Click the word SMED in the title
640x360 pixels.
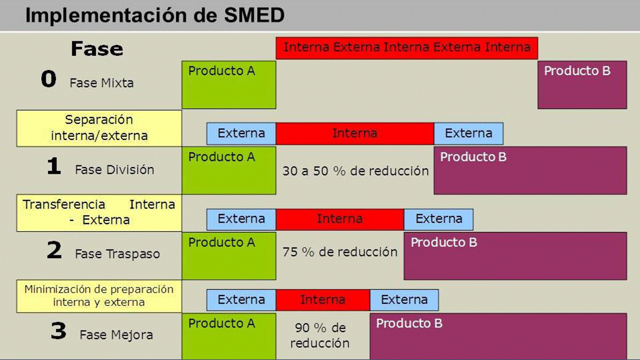point(254,15)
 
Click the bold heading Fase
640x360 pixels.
point(97,48)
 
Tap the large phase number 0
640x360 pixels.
point(48,78)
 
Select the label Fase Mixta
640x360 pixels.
point(101,83)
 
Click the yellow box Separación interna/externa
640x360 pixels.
point(99,128)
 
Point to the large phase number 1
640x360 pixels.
point(54,165)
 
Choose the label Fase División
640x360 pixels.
point(114,169)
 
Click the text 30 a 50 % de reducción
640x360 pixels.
point(355,171)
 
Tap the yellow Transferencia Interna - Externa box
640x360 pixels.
point(99,213)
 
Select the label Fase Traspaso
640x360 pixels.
point(117,254)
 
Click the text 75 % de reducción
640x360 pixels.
point(340,252)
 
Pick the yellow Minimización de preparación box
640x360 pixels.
point(99,296)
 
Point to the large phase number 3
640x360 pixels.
point(58,331)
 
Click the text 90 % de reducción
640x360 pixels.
point(320,335)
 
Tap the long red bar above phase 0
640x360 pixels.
point(407,48)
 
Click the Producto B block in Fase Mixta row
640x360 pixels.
point(582,85)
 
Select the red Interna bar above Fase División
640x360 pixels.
point(355,133)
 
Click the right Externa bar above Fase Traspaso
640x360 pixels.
point(438,219)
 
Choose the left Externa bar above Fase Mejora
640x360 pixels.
point(241,300)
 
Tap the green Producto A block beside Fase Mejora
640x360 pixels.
point(229,336)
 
